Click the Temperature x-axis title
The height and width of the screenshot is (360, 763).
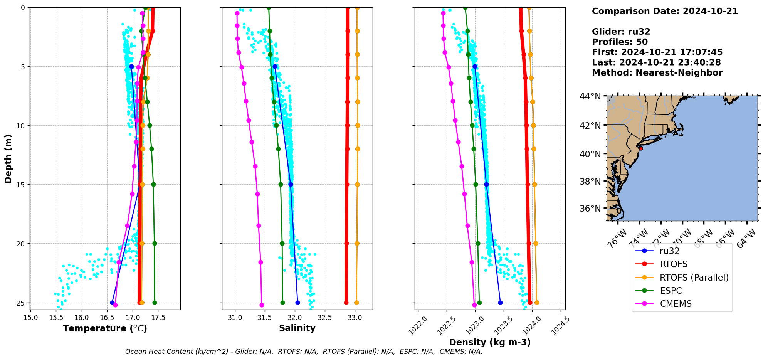(x=105, y=328)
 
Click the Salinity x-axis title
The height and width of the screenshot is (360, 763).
(x=297, y=328)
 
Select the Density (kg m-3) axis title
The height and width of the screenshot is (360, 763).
(x=490, y=342)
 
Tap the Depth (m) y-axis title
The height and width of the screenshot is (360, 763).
(x=8, y=158)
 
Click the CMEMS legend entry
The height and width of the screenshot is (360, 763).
(x=676, y=304)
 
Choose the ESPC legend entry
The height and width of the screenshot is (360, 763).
(x=671, y=291)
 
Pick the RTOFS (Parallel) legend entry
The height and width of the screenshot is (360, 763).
(x=694, y=278)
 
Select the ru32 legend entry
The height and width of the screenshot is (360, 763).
(x=669, y=251)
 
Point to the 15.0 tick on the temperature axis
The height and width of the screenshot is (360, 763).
(x=30, y=318)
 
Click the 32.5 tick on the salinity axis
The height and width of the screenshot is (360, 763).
(x=325, y=318)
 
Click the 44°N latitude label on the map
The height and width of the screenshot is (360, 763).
(x=590, y=96)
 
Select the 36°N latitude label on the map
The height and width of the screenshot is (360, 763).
(x=590, y=209)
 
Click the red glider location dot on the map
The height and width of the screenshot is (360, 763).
(x=641, y=148)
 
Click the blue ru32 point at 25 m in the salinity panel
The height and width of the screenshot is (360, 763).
(x=297, y=303)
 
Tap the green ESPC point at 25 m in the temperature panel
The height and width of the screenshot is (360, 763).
(x=155, y=303)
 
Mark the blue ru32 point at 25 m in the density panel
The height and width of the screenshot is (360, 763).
(x=500, y=303)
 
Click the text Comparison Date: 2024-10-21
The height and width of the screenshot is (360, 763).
(x=665, y=11)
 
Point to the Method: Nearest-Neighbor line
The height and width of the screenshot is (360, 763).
(x=657, y=73)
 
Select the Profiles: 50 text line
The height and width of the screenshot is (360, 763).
(x=620, y=42)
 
